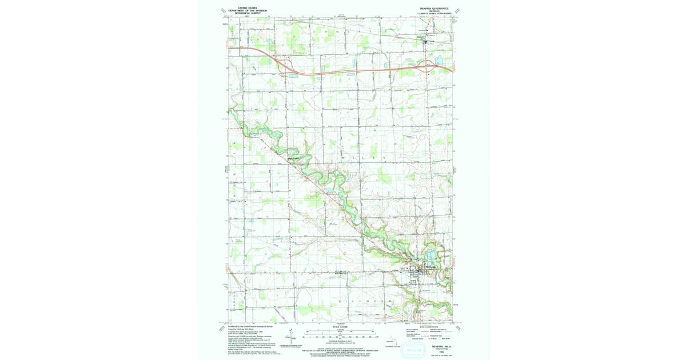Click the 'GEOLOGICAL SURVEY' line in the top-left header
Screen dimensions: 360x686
tap(248, 13)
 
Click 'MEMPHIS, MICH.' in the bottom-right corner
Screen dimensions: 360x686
tap(441, 346)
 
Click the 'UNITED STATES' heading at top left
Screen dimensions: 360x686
tap(248, 7)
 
